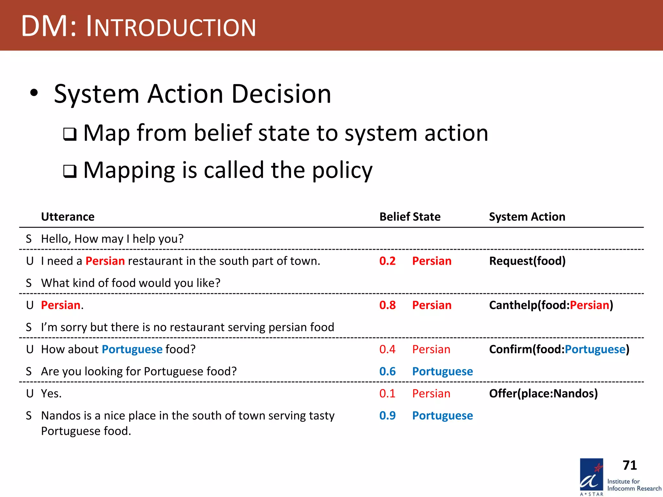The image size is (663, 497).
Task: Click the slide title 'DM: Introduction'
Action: pos(139,27)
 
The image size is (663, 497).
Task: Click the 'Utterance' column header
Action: pos(68,216)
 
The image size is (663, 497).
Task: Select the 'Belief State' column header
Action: pos(410,216)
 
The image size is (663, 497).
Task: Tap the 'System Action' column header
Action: pos(527,216)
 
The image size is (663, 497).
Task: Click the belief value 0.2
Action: pos(387,261)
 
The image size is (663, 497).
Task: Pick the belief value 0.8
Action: pos(387,305)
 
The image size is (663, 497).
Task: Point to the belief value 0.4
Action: pos(387,349)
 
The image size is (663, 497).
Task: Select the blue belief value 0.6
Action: pos(387,371)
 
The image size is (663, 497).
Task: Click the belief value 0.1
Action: pos(387,393)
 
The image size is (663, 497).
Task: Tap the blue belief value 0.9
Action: pos(387,415)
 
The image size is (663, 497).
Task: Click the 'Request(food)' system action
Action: pos(527,261)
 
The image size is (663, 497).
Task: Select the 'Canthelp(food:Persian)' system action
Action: pos(551,305)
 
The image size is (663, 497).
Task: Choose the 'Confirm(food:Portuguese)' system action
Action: pos(559,349)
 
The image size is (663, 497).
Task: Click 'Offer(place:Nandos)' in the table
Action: pos(543,393)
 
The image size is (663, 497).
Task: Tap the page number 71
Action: pos(629,465)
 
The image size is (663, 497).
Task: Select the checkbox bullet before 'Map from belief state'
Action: pos(70,134)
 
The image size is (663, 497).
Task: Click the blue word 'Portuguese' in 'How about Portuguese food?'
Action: pos(132,349)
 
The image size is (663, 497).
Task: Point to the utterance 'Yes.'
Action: pos(51,393)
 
